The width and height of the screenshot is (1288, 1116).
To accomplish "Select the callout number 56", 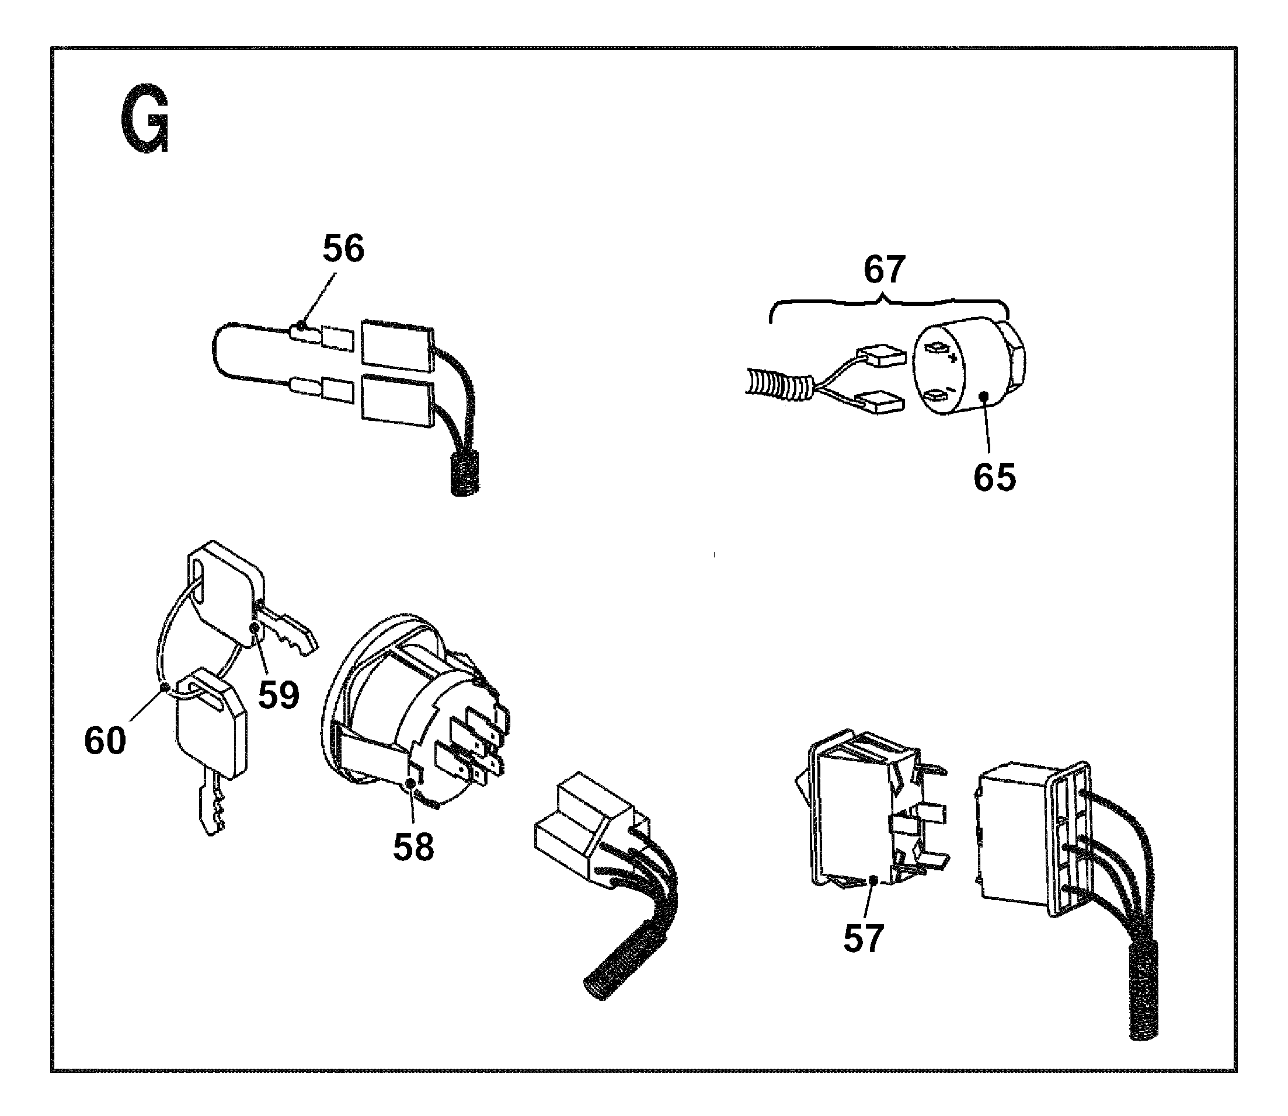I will [x=343, y=249].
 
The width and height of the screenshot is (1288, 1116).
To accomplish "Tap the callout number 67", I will [x=884, y=270].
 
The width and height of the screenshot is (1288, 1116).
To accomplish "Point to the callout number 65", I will [x=995, y=477].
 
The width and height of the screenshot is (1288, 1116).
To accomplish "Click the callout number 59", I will [x=279, y=695].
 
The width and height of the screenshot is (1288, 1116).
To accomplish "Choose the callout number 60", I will [x=105, y=741].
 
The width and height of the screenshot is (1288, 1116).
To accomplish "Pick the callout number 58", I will [x=413, y=847].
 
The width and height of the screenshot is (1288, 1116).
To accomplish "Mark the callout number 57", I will [x=863, y=939].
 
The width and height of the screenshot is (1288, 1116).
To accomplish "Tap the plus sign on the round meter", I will [x=952, y=358].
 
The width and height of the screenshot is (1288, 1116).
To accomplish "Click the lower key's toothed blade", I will [x=211, y=803].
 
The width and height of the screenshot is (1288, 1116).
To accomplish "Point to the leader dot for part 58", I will [x=410, y=783].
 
